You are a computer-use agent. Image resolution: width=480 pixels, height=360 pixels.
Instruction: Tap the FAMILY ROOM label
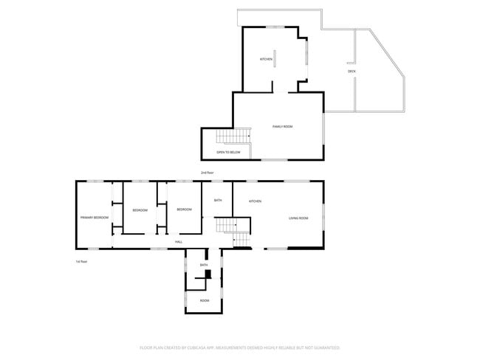pyautogui.click(x=283, y=127)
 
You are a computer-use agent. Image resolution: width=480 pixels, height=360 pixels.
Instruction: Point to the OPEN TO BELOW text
pyautogui.click(x=228, y=152)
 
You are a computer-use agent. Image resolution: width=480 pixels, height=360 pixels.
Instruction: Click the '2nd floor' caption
pyautogui.click(x=207, y=172)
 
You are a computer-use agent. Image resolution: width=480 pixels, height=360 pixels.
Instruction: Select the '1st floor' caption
pyautogui.click(x=81, y=261)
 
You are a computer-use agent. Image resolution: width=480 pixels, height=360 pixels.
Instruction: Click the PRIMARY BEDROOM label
pyautogui.click(x=95, y=217)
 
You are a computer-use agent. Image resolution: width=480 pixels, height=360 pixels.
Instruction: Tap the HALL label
pyautogui.click(x=179, y=242)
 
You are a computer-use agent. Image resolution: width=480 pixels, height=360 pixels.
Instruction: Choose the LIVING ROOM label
pyautogui.click(x=298, y=218)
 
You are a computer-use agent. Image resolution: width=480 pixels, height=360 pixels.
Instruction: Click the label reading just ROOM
pyautogui.click(x=204, y=300)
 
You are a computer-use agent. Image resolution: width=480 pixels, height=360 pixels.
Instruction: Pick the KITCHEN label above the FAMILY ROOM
pyautogui.click(x=266, y=59)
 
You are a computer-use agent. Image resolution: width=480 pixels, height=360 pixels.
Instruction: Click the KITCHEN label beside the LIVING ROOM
pyautogui.click(x=256, y=201)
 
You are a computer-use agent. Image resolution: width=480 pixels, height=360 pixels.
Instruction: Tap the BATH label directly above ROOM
pyautogui.click(x=204, y=265)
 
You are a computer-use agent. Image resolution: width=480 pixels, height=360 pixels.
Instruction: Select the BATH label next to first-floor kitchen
pyautogui.click(x=218, y=200)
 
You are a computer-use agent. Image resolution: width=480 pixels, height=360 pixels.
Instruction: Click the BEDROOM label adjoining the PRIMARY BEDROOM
pyautogui.click(x=140, y=210)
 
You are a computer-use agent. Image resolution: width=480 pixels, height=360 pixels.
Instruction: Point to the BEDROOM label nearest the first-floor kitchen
pyautogui.click(x=184, y=210)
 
